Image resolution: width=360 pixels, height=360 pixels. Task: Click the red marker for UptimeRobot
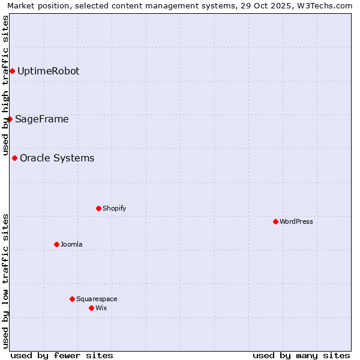[x=12, y=71]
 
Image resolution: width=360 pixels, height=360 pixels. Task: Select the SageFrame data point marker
[x=10, y=119]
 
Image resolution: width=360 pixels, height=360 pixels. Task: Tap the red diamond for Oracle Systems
[x=14, y=158]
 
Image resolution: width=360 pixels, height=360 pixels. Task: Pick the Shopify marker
[x=98, y=209]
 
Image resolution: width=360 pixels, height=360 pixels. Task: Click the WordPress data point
[x=275, y=222]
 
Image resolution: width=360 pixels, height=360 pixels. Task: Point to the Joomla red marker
[x=56, y=245]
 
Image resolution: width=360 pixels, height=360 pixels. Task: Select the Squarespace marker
[x=72, y=299]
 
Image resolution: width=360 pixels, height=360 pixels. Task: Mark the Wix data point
[x=91, y=308]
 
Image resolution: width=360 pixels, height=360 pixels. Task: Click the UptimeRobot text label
[x=48, y=71]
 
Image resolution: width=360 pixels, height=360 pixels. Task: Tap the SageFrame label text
[x=41, y=119]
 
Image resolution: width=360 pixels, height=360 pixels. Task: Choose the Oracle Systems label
[x=57, y=158]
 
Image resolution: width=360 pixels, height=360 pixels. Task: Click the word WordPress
[x=296, y=222]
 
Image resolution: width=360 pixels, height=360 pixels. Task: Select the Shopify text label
[x=114, y=209]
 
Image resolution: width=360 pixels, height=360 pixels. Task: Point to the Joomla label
[x=71, y=245]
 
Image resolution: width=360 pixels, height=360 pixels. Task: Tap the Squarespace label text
[x=97, y=299]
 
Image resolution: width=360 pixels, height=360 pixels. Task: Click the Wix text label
[x=101, y=308]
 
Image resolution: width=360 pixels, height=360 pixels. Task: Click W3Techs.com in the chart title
[x=324, y=6]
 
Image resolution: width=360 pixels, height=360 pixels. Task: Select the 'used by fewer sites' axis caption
[x=62, y=356]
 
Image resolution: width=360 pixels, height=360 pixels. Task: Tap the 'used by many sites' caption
[x=301, y=356]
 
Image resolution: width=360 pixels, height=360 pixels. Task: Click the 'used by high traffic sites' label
[x=6, y=85]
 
